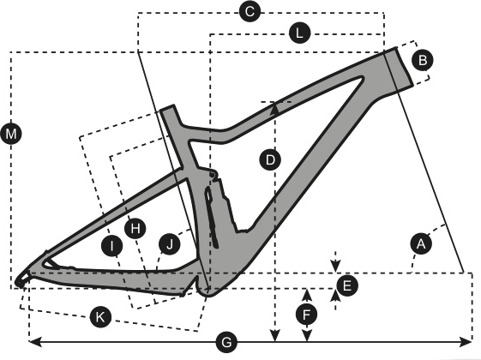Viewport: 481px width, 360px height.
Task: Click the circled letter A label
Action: pos(421,243)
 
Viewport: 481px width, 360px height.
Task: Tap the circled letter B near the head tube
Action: pos(423,60)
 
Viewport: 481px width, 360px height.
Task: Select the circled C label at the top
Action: pos(250,12)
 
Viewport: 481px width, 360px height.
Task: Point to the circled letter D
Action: pos(270,159)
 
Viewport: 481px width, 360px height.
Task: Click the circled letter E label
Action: pos(347,285)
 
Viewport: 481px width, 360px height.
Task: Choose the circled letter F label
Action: pos(307,315)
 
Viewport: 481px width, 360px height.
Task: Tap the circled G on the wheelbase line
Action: pos(226,342)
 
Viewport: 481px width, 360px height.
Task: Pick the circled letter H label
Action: pos(135,229)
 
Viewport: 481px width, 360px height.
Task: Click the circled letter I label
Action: pos(112,246)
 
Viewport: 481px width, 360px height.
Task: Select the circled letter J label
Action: pos(169,243)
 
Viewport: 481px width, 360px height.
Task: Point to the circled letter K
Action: pos(100,317)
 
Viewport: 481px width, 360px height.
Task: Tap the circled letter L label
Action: pos(300,33)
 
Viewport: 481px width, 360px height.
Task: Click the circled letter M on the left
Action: pos(11,134)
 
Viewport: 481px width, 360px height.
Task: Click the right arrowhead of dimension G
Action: pos(466,342)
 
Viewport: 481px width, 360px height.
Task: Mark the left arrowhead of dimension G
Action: pos(34,342)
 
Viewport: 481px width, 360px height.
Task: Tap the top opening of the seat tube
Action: pos(167,108)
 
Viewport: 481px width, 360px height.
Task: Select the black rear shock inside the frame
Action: pos(212,217)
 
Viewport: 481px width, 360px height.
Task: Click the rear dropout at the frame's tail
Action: pos(22,279)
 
